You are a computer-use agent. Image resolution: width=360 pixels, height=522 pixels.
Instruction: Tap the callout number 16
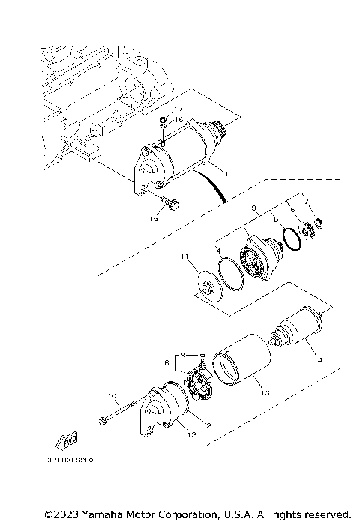178,120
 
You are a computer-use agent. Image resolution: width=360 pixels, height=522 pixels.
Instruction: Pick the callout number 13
263,391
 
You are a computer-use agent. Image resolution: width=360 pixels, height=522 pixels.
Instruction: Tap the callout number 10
112,395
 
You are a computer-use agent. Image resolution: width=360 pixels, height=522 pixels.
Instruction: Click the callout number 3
254,208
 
